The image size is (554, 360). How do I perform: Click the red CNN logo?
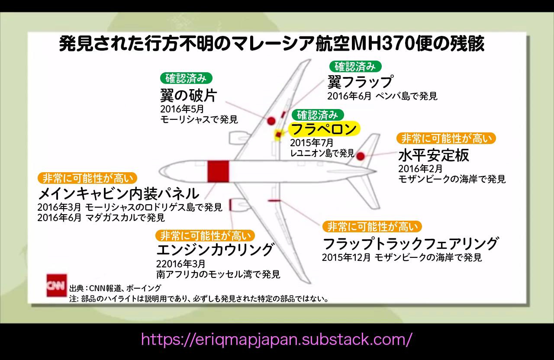[57, 285]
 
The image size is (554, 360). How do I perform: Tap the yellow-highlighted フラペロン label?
[324, 129]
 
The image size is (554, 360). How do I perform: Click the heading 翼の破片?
[188, 95]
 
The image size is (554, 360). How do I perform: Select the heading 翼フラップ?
[360, 82]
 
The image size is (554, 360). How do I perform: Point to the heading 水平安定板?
[433, 155]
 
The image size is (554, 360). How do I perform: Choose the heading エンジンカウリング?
[215, 250]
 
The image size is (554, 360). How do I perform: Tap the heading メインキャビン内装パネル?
[119, 193]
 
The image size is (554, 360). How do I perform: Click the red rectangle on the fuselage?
[218, 171]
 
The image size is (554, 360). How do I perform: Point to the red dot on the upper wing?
[271, 121]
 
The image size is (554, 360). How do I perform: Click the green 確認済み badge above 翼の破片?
[187, 78]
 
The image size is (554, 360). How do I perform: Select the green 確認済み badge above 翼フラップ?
[355, 66]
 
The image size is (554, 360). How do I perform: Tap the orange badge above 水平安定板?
[446, 138]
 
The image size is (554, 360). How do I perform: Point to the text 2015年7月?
[312, 143]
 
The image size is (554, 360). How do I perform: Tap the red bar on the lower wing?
[275, 201]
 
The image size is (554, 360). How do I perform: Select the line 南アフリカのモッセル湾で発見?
[218, 274]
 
